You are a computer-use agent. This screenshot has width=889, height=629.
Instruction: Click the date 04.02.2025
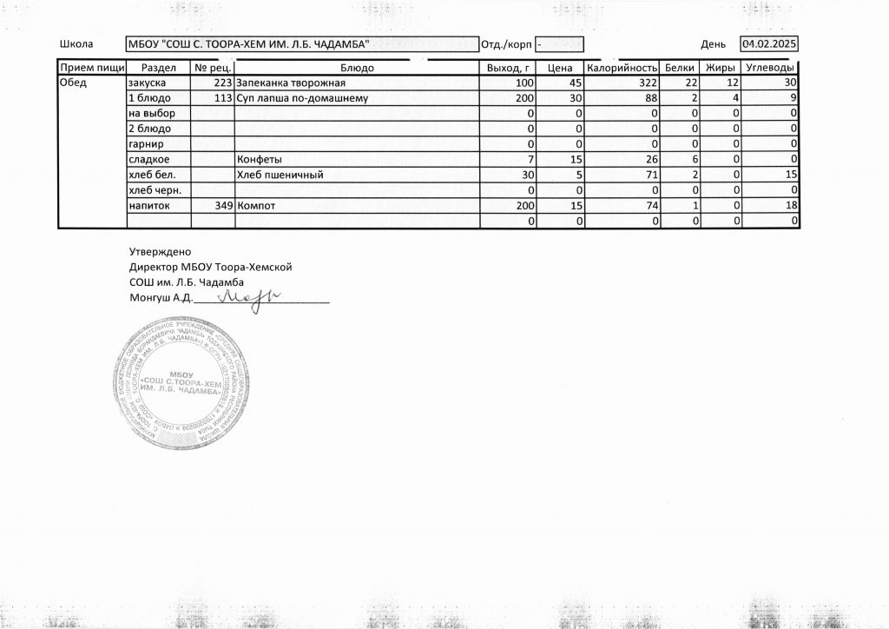pyautogui.click(x=769, y=43)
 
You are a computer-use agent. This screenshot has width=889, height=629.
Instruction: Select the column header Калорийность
pyautogui.click(x=620, y=68)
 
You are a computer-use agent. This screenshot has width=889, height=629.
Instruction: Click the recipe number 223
pyautogui.click(x=221, y=83)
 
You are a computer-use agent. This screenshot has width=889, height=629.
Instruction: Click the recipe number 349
pyautogui.click(x=221, y=206)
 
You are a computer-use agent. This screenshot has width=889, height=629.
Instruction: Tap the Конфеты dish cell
pyautogui.click(x=259, y=160)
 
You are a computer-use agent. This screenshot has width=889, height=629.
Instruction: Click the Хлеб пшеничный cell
pyautogui.click(x=280, y=175)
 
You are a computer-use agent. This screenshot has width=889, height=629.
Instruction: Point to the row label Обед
pyautogui.click(x=71, y=83)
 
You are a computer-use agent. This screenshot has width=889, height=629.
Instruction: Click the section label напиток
pyautogui.click(x=148, y=206)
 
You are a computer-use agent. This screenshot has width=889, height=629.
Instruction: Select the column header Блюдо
pyautogui.click(x=357, y=68)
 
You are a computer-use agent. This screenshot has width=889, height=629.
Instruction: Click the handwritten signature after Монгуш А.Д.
pyautogui.click(x=246, y=298)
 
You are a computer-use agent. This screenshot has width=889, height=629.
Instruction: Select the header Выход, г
pyautogui.click(x=509, y=68)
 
